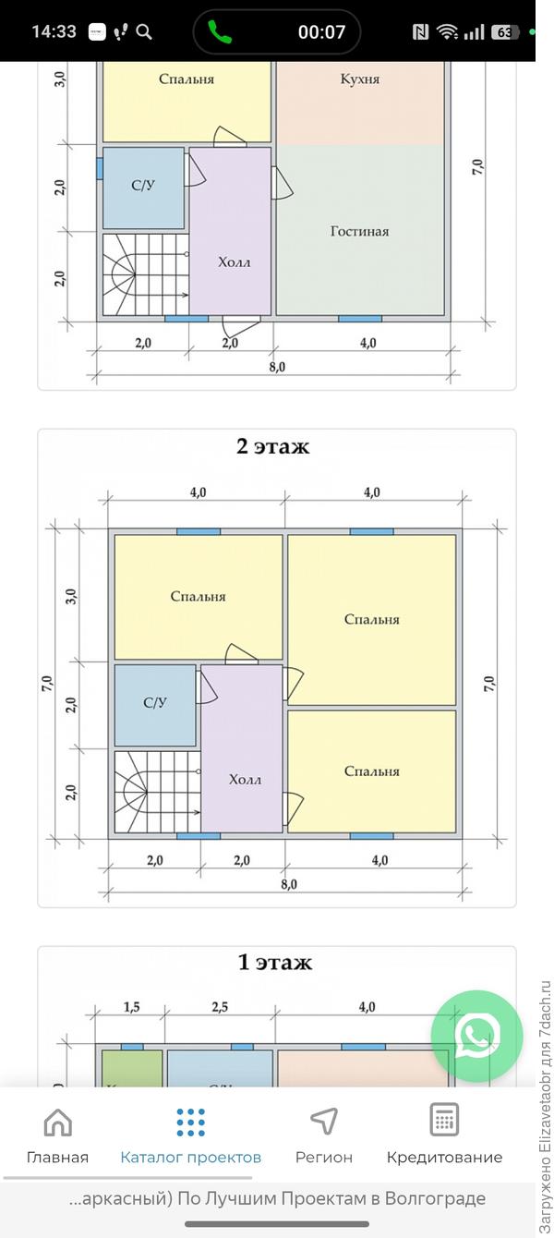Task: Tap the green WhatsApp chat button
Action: (x=476, y=1036)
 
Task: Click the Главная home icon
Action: (x=57, y=1122)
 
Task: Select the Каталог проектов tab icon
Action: (x=190, y=1122)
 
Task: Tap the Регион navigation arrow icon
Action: (x=323, y=1122)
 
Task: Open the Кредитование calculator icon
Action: (x=444, y=1120)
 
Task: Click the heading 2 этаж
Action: (x=273, y=447)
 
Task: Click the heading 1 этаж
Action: (x=275, y=963)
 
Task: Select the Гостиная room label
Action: (x=359, y=231)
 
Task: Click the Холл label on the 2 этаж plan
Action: (x=245, y=779)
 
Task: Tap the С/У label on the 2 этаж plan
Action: (x=155, y=703)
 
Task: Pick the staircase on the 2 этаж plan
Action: (x=155, y=792)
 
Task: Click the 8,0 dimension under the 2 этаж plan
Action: (x=288, y=884)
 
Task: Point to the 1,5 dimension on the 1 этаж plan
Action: (x=131, y=1007)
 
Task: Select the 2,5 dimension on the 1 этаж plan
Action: (x=220, y=1007)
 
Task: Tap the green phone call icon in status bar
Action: (x=220, y=32)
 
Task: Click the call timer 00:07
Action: (x=321, y=32)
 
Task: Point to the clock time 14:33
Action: (x=54, y=31)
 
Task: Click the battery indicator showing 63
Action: (x=505, y=32)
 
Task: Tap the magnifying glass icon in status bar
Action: (x=144, y=32)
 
